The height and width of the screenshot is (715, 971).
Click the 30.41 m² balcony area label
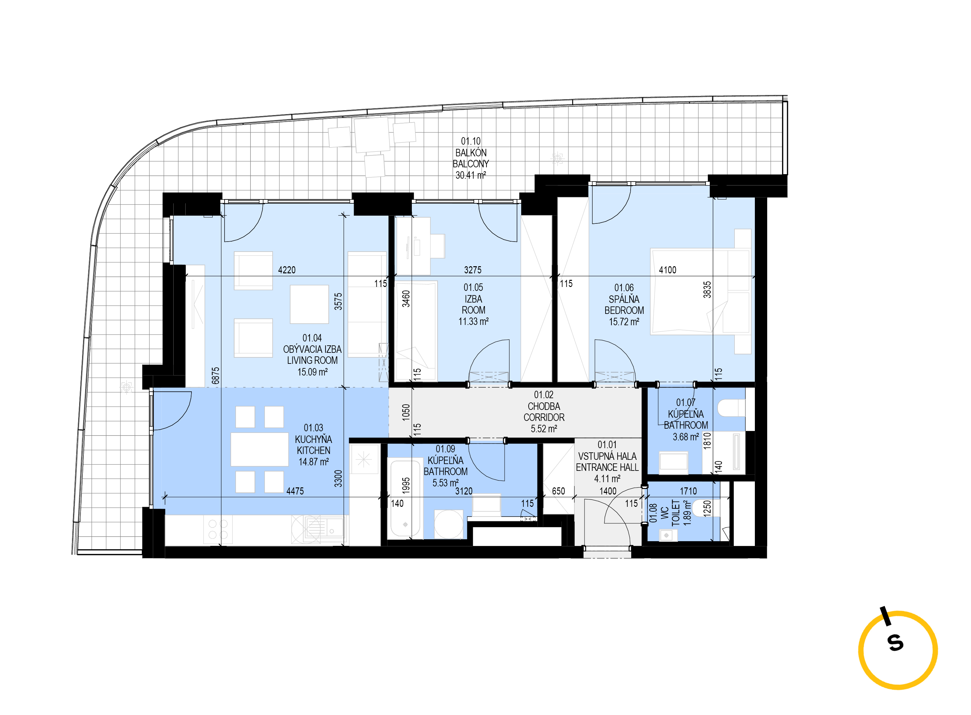coord(470,175)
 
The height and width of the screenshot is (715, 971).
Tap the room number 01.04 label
coord(312,338)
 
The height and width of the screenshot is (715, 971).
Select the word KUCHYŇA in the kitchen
coord(313,439)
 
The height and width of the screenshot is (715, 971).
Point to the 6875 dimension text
coord(216,376)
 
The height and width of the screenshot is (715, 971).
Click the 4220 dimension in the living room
coord(287,270)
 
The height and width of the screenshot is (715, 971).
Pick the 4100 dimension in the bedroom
coord(667,270)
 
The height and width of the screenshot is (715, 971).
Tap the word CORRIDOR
coord(544,418)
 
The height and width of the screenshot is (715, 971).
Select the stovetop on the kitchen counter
coord(218,529)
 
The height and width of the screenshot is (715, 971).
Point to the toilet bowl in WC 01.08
coord(706,508)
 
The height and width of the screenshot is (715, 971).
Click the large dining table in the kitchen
coord(259,449)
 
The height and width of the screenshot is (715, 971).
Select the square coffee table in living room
coord(309,304)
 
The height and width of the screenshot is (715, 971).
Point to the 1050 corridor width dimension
coord(405,412)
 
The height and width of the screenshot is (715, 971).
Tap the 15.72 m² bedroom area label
coord(624,322)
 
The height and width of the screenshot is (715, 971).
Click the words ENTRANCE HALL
coord(607,468)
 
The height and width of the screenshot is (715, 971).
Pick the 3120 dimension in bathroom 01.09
coord(464,491)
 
